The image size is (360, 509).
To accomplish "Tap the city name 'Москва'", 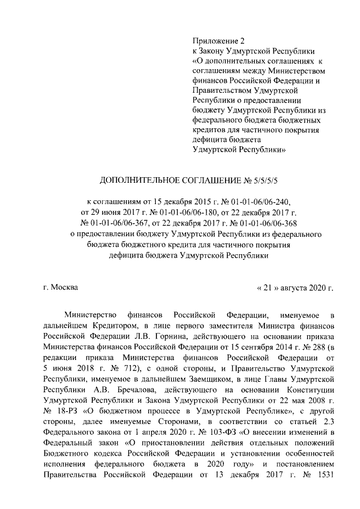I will (x=65, y=287).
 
